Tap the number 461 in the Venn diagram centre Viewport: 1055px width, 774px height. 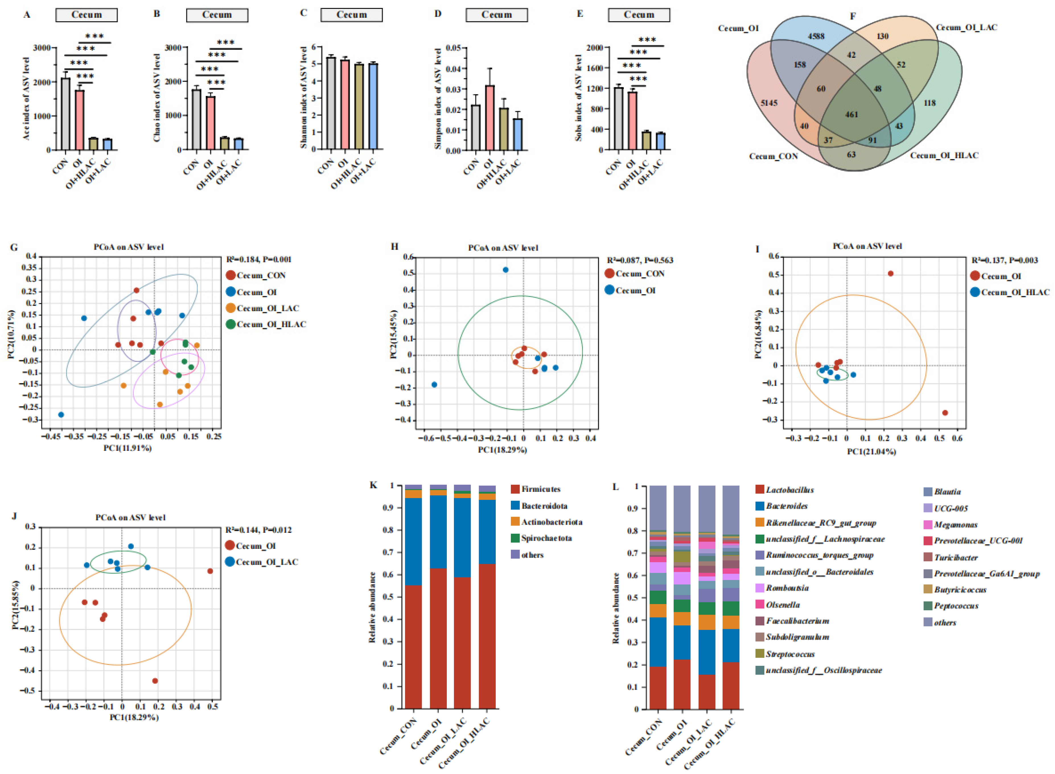tap(851, 114)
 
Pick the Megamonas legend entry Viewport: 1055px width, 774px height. tap(956, 525)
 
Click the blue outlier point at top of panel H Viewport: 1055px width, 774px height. tap(505, 270)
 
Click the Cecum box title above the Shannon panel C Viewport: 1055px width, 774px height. tap(351, 15)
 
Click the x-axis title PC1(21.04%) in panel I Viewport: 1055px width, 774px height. tap(871, 452)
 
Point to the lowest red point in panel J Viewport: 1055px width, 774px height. tap(155, 681)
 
